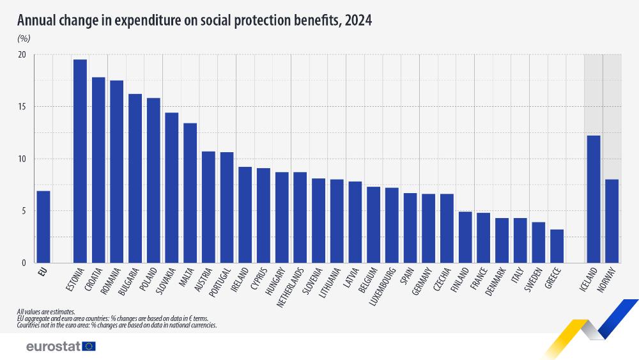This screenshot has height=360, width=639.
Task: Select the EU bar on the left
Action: click(43, 227)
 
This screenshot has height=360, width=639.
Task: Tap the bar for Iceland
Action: click(594, 199)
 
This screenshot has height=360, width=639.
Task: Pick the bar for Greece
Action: click(557, 246)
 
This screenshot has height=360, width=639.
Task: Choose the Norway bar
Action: click(612, 221)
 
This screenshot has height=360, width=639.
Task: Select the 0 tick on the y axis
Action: click(24, 263)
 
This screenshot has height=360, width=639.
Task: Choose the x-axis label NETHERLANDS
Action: click(295, 287)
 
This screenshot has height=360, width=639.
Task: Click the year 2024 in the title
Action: click(358, 20)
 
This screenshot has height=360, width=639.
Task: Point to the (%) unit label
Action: click(24, 38)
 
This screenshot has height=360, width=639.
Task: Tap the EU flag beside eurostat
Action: click(89, 347)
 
